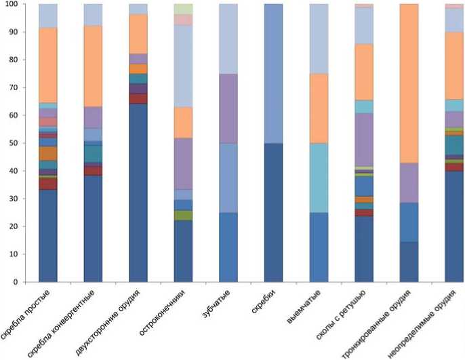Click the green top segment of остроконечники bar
point(183,9)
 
